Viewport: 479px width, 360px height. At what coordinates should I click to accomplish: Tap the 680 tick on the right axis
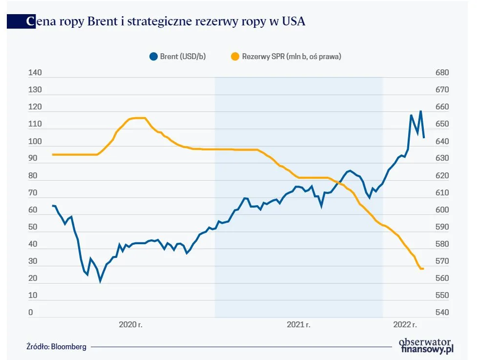441,73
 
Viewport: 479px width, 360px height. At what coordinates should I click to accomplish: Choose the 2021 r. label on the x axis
299,324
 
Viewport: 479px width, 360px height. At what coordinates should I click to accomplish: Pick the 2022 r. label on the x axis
405,324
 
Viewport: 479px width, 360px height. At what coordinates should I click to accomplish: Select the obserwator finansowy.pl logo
426,345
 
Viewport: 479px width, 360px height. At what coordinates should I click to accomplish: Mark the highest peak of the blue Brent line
420,112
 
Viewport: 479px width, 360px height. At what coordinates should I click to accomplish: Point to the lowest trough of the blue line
101,281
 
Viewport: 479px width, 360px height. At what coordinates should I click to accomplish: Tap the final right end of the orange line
423,269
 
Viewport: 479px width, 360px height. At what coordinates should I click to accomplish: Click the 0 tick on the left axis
30,313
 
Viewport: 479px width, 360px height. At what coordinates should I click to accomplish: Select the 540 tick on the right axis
441,313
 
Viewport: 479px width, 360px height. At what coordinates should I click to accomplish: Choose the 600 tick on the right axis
441,210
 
